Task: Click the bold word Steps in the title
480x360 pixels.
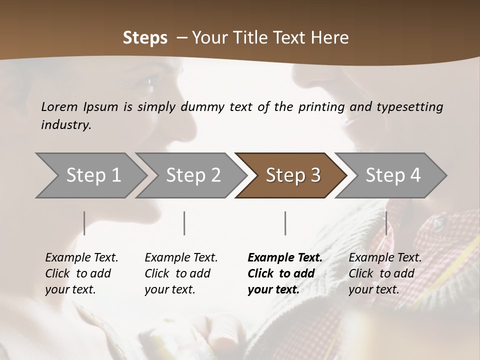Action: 145,38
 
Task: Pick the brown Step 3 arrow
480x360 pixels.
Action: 293,175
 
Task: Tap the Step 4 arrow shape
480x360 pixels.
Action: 393,175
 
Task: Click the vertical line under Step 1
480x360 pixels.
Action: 84,223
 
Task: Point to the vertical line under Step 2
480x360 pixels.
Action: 184,223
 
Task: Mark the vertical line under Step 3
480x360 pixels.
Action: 285,223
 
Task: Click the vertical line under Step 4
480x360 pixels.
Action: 386,223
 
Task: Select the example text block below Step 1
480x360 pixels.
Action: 81,273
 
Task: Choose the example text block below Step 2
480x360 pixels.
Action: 181,273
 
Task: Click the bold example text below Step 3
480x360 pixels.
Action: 285,273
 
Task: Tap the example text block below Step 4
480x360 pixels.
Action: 385,273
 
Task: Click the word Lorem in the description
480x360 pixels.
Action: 59,106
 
